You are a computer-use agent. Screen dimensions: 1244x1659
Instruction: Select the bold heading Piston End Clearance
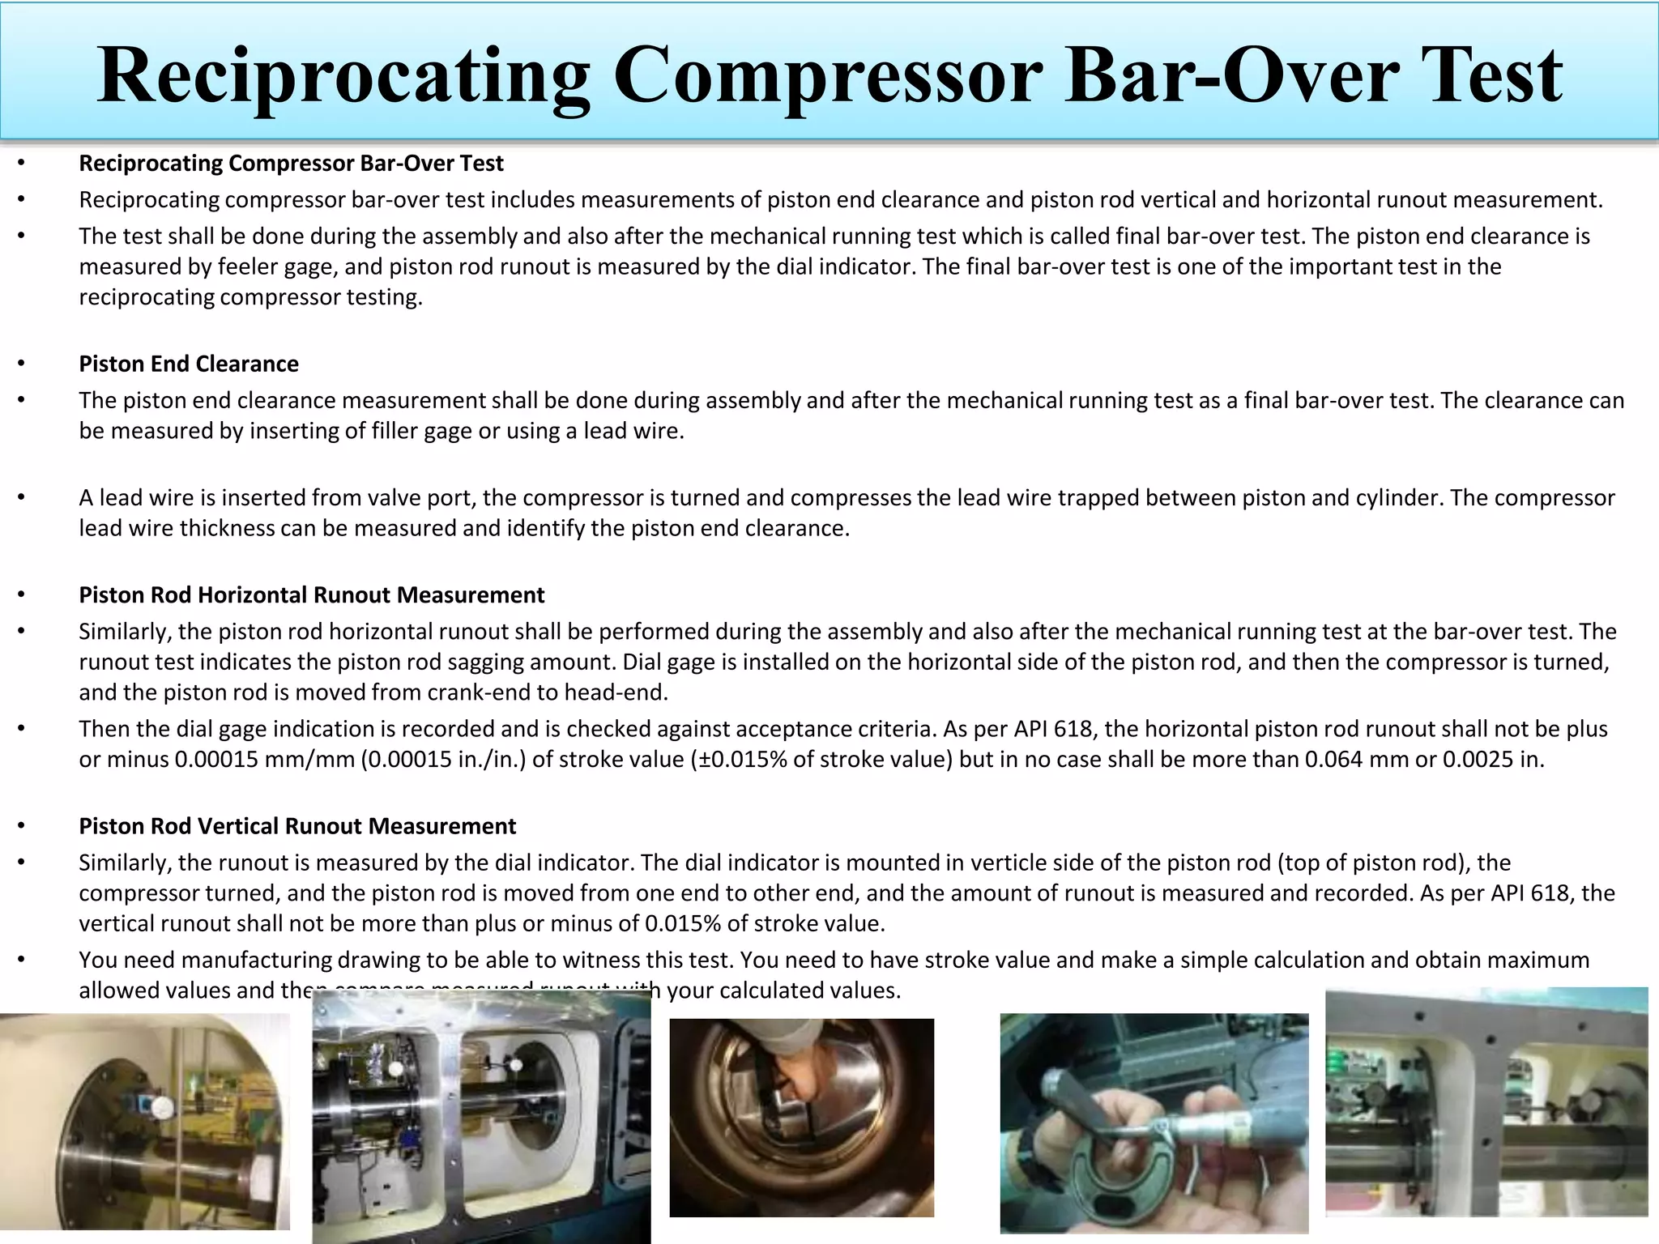coord(189,364)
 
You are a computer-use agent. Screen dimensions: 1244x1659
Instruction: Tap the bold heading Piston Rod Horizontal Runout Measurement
coord(311,594)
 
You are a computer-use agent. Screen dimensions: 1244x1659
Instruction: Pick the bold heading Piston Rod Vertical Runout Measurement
coord(297,825)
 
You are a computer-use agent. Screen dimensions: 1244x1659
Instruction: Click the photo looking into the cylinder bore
coord(801,1118)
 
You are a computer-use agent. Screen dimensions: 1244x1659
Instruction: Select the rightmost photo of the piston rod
coord(1486,1101)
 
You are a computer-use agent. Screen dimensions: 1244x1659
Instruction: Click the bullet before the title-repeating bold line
coord(22,163)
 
